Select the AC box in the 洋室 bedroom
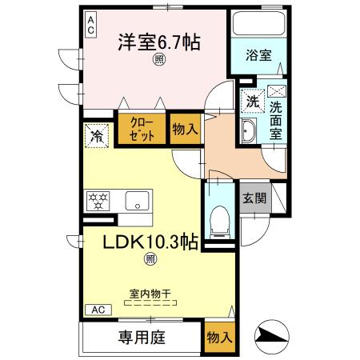(x=90, y=24)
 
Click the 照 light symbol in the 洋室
(x=159, y=61)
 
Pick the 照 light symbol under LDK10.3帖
(x=150, y=258)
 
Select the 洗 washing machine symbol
(x=251, y=102)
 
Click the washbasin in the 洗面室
(x=247, y=134)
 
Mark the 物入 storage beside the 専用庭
(x=218, y=337)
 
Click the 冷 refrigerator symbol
(x=97, y=136)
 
